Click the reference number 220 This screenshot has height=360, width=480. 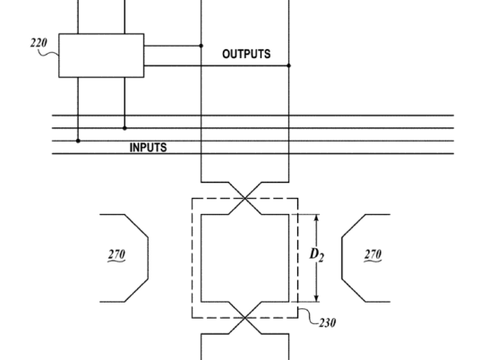(39, 43)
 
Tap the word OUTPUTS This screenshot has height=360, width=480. (246, 55)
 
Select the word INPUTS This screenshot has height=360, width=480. (149, 148)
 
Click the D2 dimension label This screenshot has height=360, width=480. (317, 255)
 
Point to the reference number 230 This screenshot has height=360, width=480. (327, 322)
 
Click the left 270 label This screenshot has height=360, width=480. (116, 254)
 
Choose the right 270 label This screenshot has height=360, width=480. (373, 254)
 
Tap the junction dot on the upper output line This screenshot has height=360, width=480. (201, 46)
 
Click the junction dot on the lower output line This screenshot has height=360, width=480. (288, 65)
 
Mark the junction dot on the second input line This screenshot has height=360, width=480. (124, 128)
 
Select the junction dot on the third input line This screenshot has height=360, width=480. (78, 141)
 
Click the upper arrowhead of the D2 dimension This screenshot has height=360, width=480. (317, 217)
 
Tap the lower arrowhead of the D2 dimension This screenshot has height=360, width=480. (317, 299)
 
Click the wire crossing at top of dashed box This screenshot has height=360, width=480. (244, 199)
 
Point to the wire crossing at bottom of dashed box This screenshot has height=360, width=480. (244, 318)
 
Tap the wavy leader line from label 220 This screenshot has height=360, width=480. (48, 54)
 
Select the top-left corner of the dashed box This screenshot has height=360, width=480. (193, 199)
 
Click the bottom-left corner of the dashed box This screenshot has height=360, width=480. (193, 318)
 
